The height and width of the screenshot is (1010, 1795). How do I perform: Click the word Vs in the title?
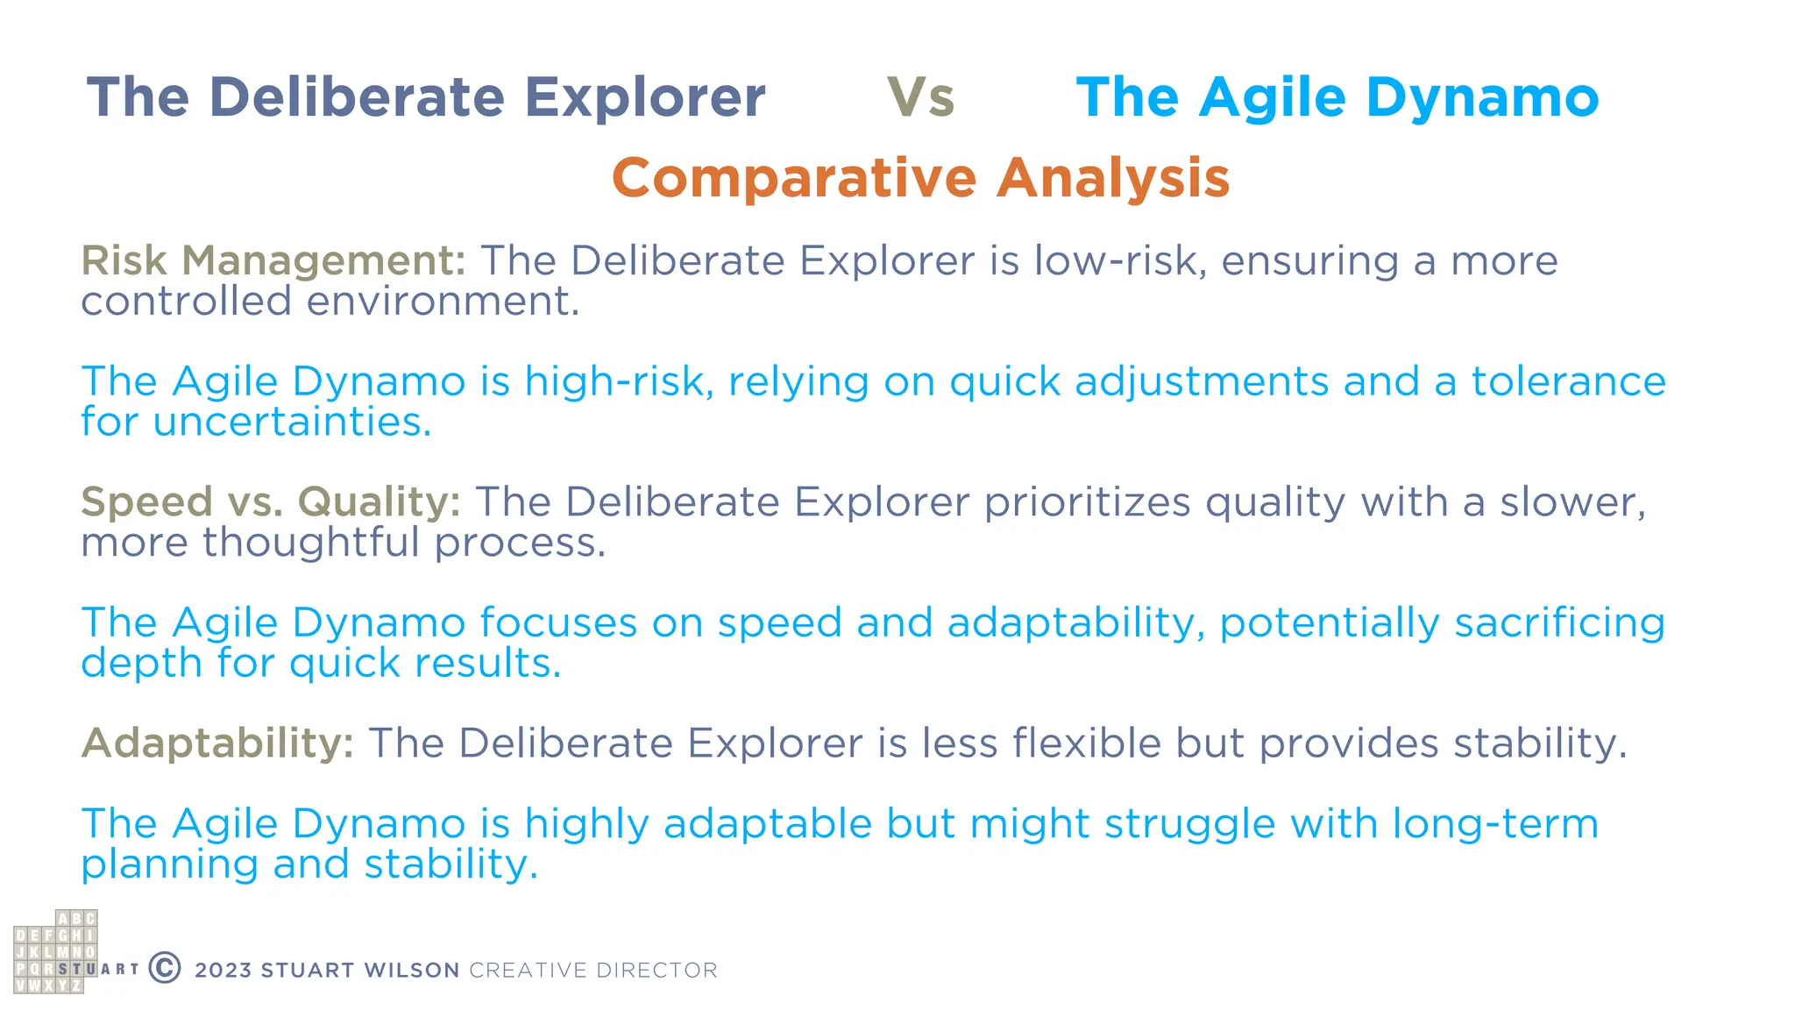point(920,97)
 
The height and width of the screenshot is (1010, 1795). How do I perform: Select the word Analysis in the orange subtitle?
point(1113,178)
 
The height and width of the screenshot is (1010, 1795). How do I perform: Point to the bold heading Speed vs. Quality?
point(270,502)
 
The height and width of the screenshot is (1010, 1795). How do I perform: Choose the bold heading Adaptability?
point(217,743)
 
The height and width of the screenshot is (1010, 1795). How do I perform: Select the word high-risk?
point(619,382)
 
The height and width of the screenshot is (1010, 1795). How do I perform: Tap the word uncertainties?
point(292,423)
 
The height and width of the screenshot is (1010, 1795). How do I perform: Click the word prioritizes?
point(1087,502)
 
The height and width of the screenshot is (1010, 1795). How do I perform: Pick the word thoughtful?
point(311,543)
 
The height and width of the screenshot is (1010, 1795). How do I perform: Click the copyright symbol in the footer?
point(165,968)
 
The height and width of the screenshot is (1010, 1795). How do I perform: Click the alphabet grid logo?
point(55,952)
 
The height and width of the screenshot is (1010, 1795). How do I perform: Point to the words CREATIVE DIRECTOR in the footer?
point(593,971)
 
